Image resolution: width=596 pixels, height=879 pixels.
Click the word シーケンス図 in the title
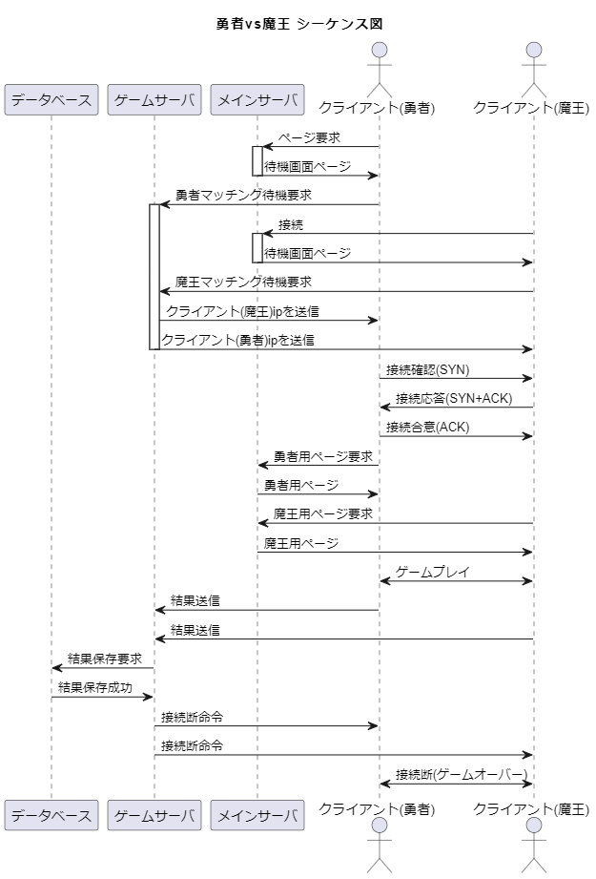coord(339,24)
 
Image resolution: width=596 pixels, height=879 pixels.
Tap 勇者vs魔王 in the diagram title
coord(254,24)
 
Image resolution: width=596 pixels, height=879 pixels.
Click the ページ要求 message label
coord(309,137)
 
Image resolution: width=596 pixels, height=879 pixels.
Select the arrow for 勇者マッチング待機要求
coord(270,204)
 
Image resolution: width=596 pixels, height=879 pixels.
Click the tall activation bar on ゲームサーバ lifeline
coord(154,277)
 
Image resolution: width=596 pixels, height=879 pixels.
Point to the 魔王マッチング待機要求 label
coord(244,282)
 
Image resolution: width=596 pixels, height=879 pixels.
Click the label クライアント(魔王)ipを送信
coord(242,311)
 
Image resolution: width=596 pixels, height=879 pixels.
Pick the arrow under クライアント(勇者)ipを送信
coord(345,349)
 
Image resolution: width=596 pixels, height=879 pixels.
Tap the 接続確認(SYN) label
coord(428,370)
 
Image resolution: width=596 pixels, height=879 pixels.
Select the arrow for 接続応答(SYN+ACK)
coord(457,408)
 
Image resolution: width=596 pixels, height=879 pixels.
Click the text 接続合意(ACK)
coord(428,428)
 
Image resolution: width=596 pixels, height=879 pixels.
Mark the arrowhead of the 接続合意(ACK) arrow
coord(527,436)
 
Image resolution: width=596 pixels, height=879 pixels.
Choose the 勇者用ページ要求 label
coord(323,457)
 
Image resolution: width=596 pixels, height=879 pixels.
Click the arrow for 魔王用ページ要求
coord(396,523)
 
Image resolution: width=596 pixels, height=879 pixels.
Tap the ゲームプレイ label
coord(432,573)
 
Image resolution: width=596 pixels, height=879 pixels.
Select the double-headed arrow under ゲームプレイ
coord(457,581)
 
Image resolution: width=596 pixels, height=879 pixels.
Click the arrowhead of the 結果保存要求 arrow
coord(56,668)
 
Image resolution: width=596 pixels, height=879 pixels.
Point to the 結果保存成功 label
coord(95,688)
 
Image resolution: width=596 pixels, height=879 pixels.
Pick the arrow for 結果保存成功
coord(102,697)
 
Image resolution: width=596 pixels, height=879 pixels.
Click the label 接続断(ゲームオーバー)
coord(462,775)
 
